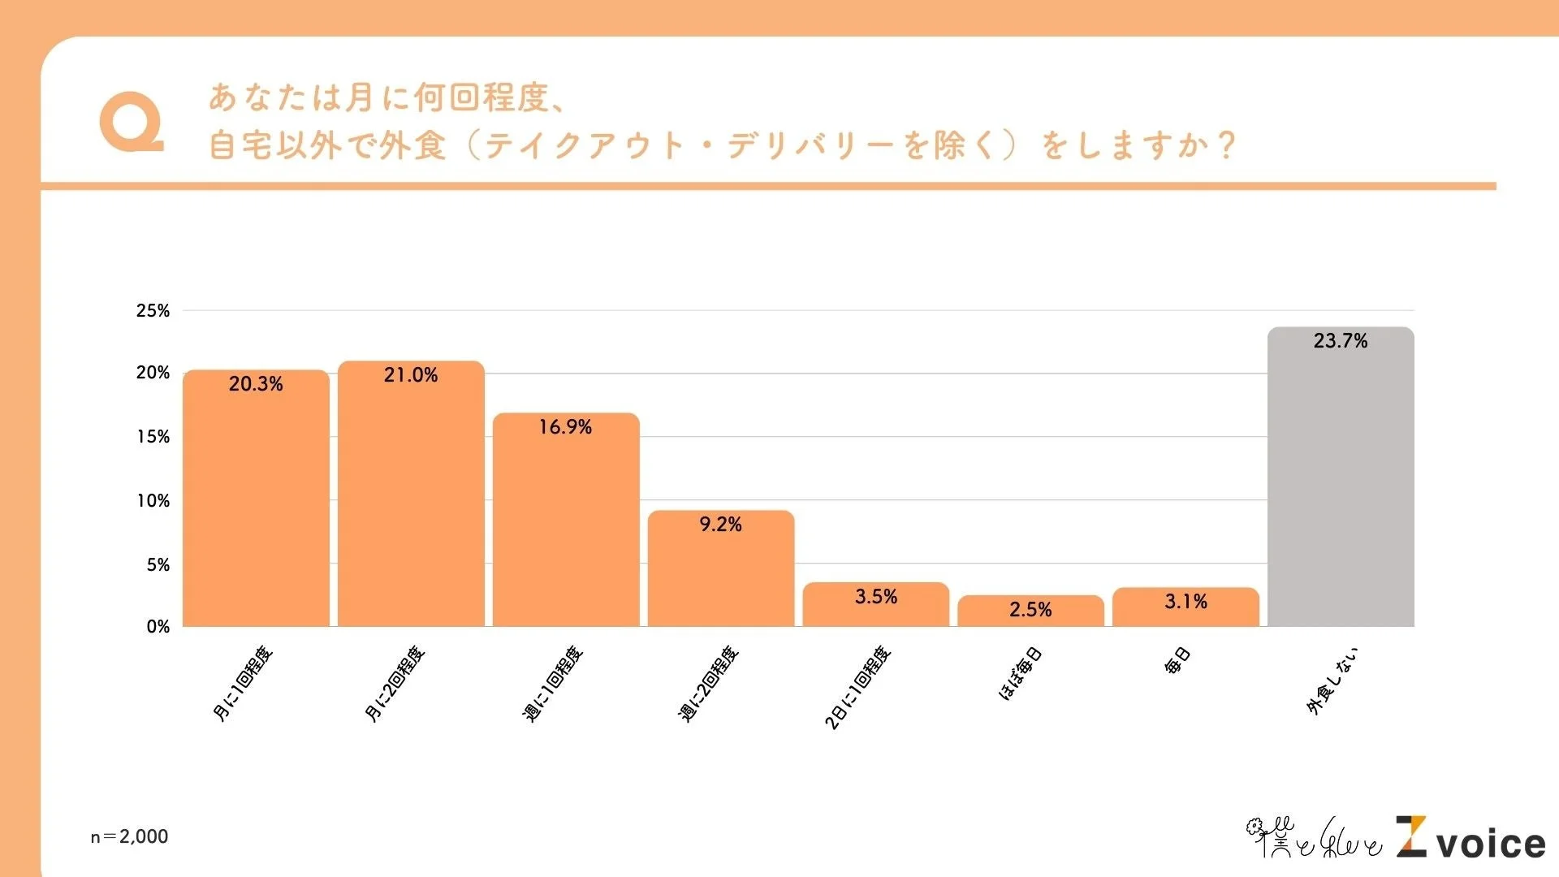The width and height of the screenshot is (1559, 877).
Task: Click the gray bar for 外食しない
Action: click(1341, 487)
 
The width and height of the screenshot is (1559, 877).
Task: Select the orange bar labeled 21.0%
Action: click(411, 503)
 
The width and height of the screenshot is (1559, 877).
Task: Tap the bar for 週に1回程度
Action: click(566, 528)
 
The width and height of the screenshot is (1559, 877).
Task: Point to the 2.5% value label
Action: click(1030, 610)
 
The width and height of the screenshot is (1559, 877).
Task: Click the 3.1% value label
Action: click(1185, 602)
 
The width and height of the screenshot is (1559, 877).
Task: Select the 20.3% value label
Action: click(256, 384)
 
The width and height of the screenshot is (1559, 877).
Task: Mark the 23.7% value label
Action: click(1341, 341)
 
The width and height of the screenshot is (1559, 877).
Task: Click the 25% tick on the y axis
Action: click(153, 311)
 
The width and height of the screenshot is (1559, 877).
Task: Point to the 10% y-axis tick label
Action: click(153, 501)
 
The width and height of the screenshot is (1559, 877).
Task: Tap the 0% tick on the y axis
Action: click(158, 627)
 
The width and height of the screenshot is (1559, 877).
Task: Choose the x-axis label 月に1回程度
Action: click(243, 684)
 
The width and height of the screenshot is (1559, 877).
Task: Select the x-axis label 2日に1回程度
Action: click(858, 687)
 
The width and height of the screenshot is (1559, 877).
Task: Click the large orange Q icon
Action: click(131, 123)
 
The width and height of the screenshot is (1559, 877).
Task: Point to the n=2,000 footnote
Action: click(129, 836)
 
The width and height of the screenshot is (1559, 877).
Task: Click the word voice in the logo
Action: click(1491, 845)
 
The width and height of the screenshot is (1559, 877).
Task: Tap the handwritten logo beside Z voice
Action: click(1313, 839)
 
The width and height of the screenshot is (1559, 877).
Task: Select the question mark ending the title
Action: click(1226, 146)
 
